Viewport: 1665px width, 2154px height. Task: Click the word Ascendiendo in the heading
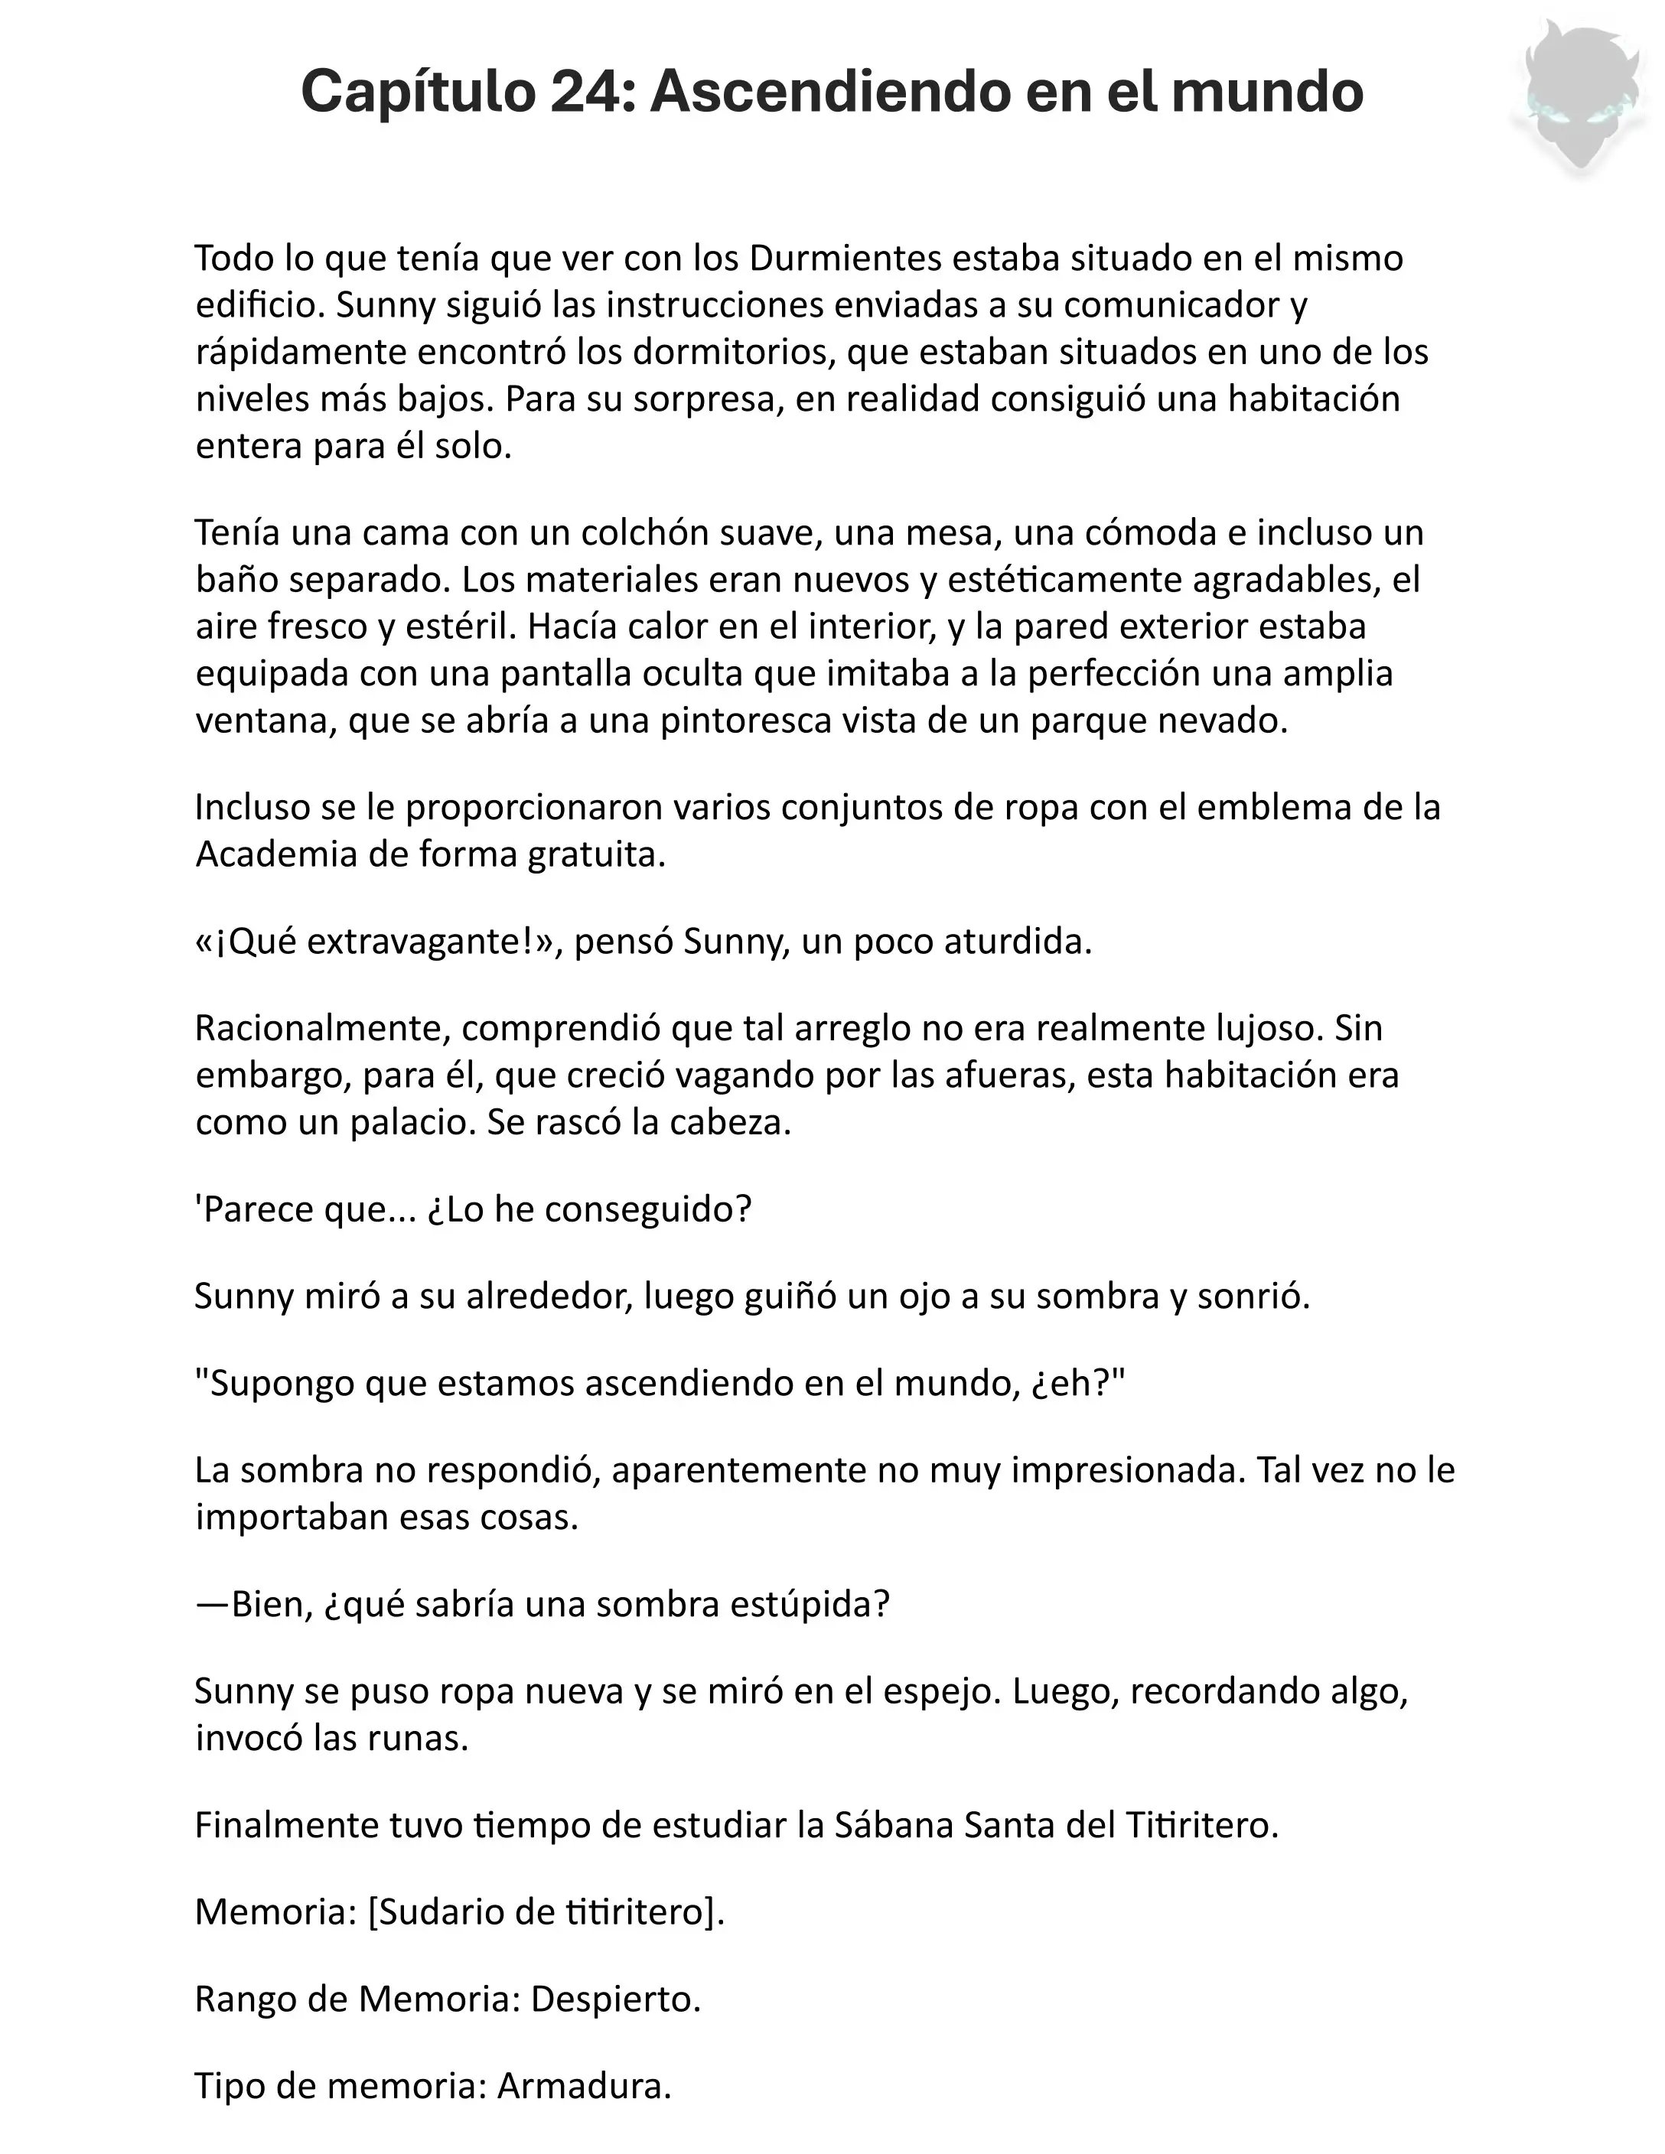(829, 92)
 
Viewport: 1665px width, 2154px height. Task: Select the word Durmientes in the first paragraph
(846, 259)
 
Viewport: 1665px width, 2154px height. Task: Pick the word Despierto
(615, 1999)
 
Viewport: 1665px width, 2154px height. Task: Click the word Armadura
(584, 2086)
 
